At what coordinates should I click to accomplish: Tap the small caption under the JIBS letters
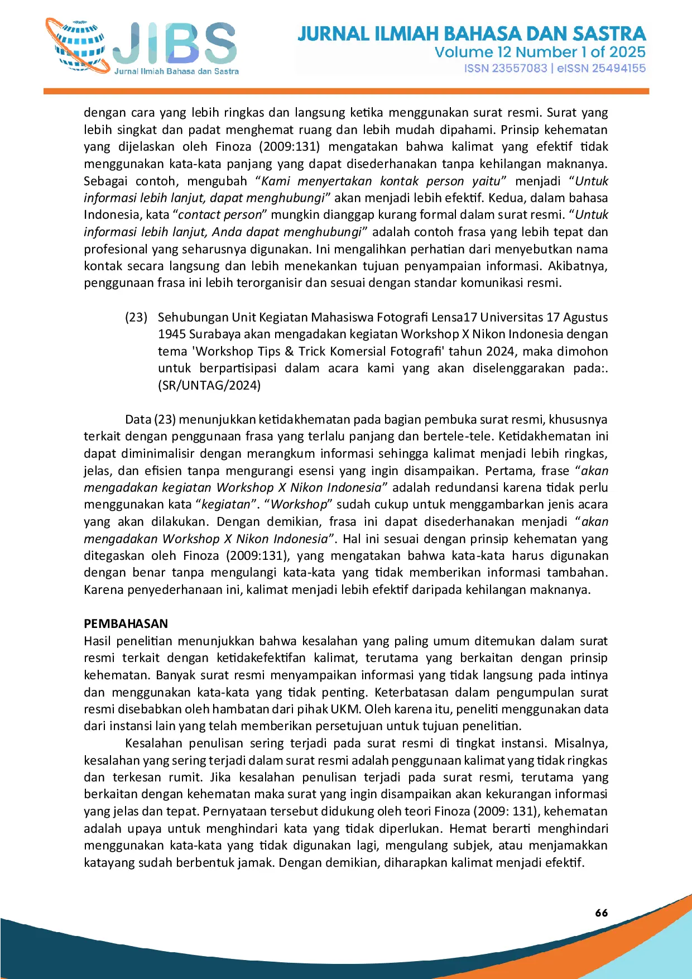click(x=176, y=71)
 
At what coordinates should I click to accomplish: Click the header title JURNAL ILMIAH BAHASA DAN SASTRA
click(x=472, y=34)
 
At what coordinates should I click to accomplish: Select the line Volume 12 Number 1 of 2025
click(x=540, y=52)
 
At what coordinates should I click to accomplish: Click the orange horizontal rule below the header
click(x=346, y=91)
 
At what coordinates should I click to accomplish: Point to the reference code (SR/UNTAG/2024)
click(x=209, y=386)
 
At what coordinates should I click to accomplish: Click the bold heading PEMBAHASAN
click(x=126, y=624)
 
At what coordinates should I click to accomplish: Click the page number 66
click(x=602, y=913)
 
